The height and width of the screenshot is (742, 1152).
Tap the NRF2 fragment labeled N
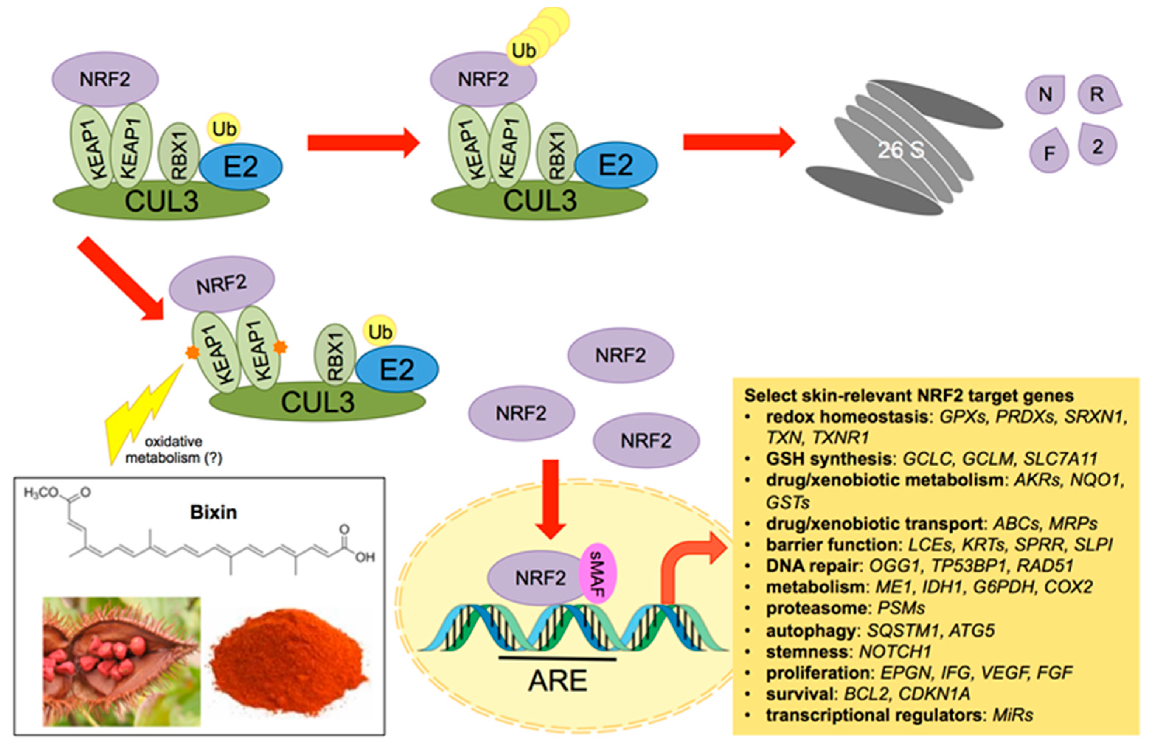tap(1045, 94)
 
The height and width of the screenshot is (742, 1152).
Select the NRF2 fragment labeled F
tap(1049, 152)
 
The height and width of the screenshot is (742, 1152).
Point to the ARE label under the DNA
tap(558, 680)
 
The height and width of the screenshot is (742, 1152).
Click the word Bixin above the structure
tap(214, 512)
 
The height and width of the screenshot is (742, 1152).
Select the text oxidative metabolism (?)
tap(174, 450)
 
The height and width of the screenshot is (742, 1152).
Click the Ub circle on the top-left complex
tap(224, 129)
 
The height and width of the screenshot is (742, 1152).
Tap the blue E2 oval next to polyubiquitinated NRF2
tap(616, 165)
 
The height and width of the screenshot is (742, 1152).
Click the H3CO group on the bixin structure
tap(41, 492)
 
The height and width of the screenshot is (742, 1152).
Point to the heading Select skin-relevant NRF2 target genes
tap(909, 396)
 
